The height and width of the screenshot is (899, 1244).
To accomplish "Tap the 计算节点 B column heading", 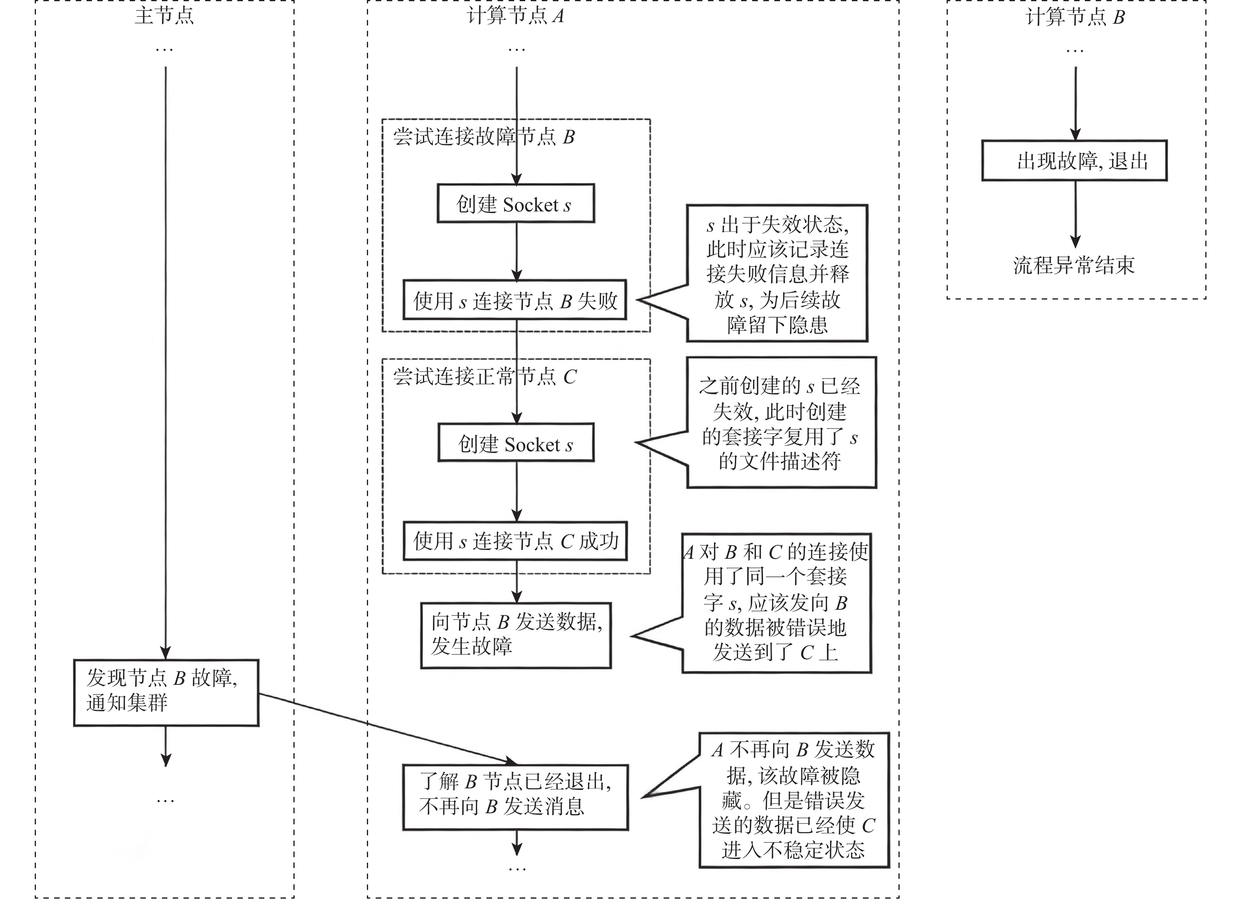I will point(1075,17).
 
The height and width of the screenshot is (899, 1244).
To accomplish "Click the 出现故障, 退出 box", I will point(1074,161).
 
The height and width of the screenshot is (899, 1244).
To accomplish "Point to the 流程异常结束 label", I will point(1073,266).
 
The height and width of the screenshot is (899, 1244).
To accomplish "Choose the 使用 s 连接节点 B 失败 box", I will point(515,300).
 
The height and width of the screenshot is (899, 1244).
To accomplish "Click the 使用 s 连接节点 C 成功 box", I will point(515,541).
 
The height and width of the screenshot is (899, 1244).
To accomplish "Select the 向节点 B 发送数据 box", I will point(516,635).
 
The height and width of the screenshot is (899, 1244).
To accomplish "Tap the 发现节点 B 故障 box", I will point(165,692).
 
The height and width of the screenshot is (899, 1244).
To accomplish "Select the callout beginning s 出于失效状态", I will point(777,274).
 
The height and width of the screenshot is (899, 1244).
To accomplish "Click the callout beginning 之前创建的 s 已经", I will point(781,422).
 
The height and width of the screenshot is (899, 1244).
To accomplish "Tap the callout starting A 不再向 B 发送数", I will point(794,800).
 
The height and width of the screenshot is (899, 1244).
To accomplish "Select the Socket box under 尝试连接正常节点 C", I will point(516,443).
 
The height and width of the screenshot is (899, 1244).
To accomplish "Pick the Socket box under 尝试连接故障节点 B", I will point(516,204).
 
